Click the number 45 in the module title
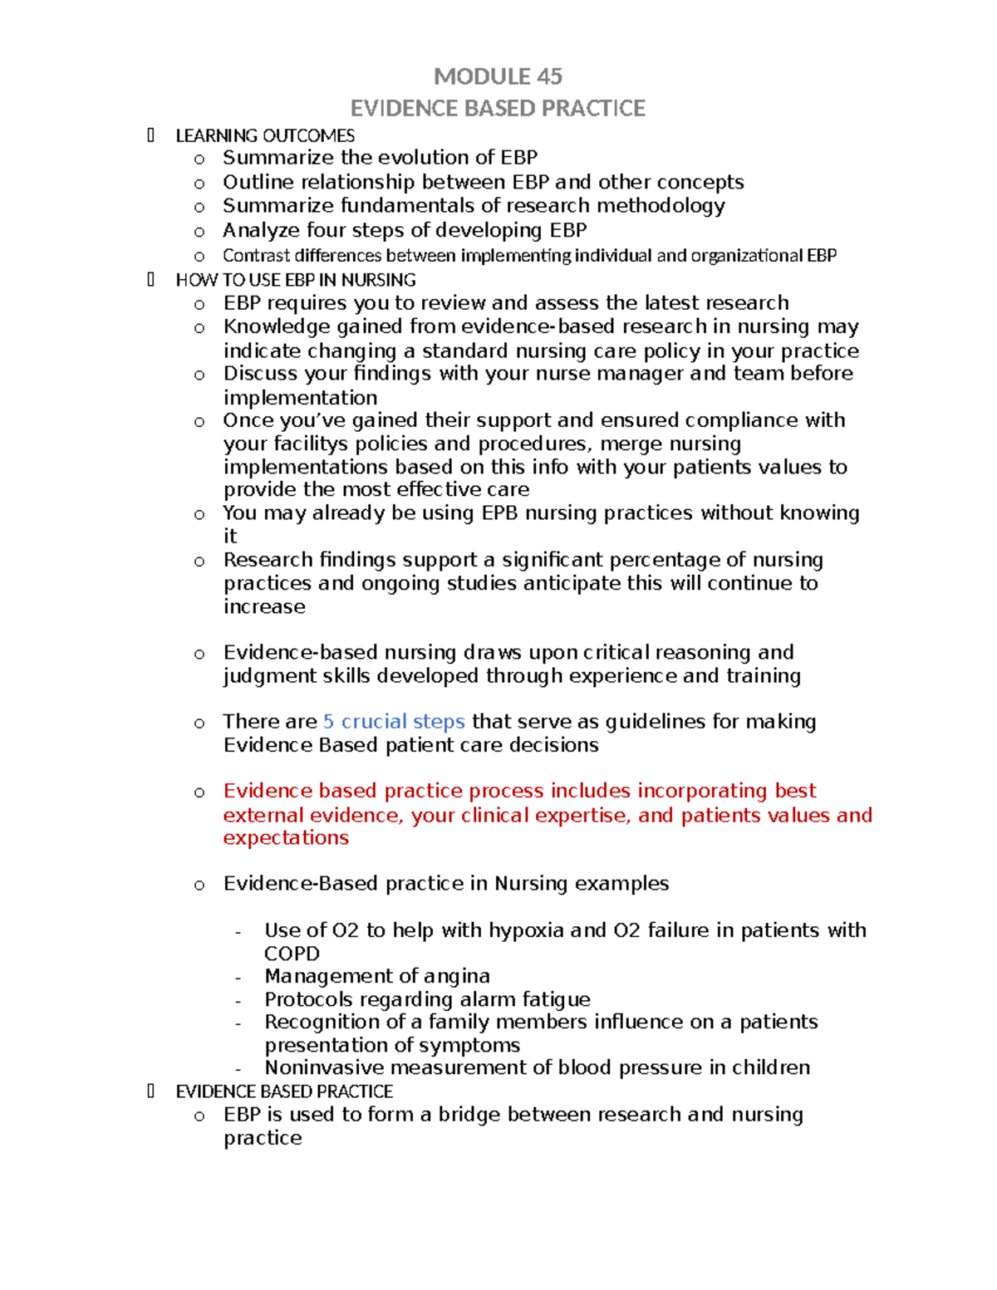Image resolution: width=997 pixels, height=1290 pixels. point(549,76)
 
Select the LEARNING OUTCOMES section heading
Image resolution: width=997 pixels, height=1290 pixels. point(265,135)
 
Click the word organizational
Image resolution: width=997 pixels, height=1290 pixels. point(746,255)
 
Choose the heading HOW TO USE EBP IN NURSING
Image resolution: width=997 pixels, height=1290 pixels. point(296,280)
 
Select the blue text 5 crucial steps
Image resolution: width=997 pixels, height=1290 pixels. point(394,722)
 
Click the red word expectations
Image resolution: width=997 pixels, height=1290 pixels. point(286,838)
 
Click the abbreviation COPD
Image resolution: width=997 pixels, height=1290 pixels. point(292,954)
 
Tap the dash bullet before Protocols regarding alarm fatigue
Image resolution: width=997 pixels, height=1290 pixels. point(239,1001)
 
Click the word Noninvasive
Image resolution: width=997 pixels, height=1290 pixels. point(324,1067)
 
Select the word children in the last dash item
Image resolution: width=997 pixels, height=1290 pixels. point(770,1067)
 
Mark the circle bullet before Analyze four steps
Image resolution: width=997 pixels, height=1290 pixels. point(199,232)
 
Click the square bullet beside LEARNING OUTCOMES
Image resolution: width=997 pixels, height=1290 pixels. point(150,135)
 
